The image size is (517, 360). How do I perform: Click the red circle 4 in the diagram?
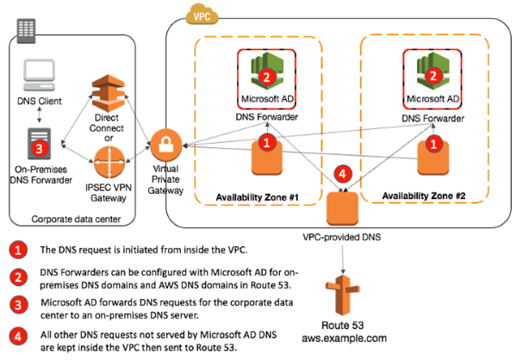pyautogui.click(x=343, y=172)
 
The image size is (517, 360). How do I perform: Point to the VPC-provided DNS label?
pyautogui.click(x=346, y=236)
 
